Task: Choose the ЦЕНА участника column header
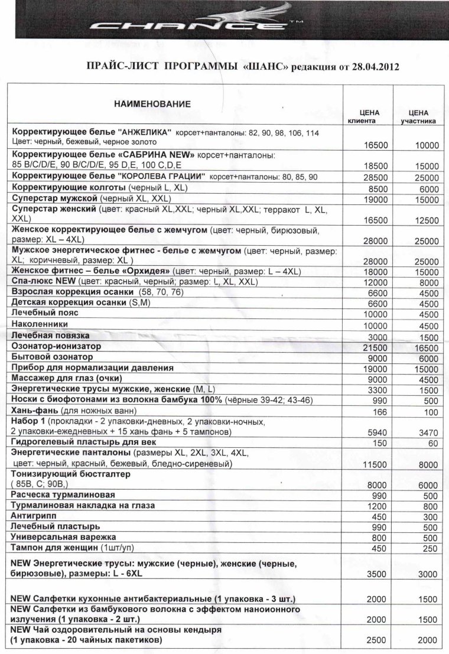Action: point(418,116)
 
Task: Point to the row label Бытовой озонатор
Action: point(52,357)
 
